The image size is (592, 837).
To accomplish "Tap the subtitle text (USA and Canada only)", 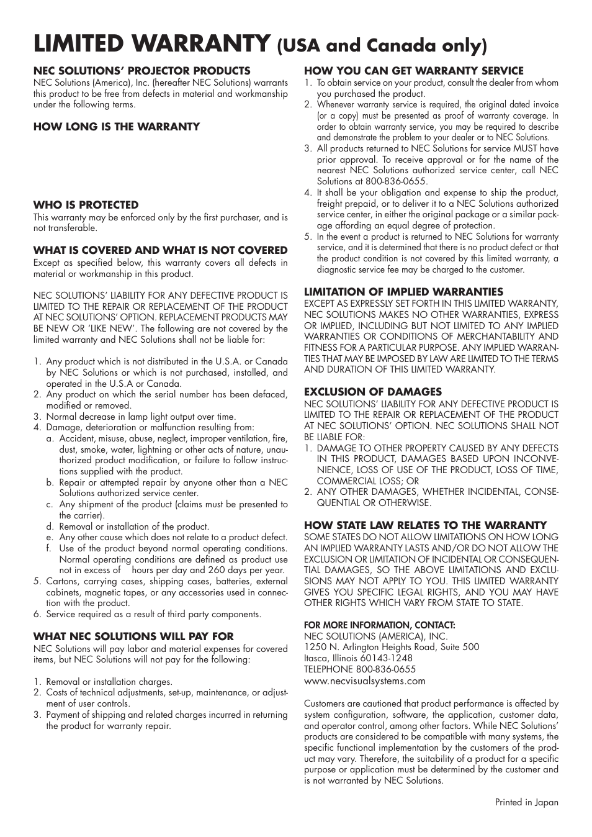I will (x=382, y=46).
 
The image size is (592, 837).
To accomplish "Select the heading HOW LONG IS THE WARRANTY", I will (x=117, y=127).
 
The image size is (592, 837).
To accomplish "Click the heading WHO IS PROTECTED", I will (x=86, y=205).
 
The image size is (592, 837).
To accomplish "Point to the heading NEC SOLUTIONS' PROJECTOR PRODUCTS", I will (x=141, y=71).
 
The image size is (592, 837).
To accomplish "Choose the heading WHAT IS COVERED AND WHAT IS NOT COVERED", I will (x=160, y=250).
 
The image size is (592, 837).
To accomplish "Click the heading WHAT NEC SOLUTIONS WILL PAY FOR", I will (x=133, y=636).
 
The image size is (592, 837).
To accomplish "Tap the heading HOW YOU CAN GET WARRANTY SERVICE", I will (x=413, y=71).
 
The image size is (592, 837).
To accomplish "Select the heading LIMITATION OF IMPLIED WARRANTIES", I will (x=403, y=292).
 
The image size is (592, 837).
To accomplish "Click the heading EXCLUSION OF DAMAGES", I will (x=372, y=392).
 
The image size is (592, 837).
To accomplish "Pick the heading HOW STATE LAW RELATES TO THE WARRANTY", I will (x=425, y=525).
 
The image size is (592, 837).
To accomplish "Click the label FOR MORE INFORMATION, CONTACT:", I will (x=379, y=625).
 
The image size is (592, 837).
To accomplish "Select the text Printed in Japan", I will (x=526, y=802).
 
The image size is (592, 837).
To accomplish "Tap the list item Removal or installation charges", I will (x=109, y=682).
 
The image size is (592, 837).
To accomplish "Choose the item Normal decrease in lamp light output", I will (x=141, y=417).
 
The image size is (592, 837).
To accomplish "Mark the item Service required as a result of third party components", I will (x=153, y=614).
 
